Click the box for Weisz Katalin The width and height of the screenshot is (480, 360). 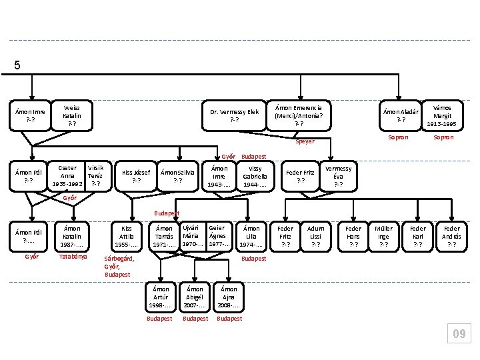point(72,116)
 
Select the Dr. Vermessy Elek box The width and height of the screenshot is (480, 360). point(234,116)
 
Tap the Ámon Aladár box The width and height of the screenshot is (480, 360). point(401,116)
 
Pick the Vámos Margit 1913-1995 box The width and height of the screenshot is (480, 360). point(443,116)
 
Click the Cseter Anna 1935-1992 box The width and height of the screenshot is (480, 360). point(67,176)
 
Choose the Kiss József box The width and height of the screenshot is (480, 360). point(136,176)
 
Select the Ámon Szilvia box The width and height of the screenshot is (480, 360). point(177,176)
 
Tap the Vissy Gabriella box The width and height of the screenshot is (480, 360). point(255,176)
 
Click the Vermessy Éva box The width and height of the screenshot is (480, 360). point(338,176)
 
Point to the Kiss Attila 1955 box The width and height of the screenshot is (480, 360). point(127,237)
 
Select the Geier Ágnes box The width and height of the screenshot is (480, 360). point(219,237)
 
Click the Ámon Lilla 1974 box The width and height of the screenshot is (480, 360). point(251,237)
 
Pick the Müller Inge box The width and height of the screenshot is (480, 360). point(383,237)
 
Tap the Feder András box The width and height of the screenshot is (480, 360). point(452,237)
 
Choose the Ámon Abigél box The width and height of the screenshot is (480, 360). point(195,297)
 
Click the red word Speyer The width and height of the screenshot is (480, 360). point(305,141)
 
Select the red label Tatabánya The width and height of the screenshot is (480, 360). point(73,257)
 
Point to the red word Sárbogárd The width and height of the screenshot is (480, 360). point(119,259)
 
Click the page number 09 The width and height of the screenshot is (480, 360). point(459,333)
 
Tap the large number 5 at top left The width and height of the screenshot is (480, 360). point(17,65)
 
